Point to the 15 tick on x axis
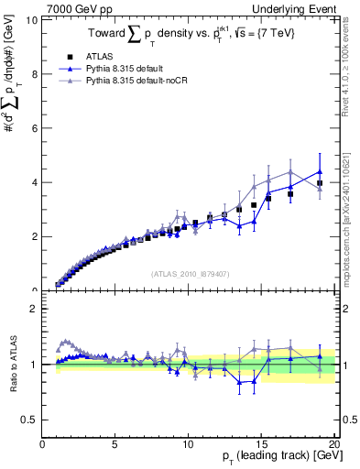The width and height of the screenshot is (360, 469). click(x=261, y=444)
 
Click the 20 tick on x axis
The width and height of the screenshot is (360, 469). click(x=334, y=444)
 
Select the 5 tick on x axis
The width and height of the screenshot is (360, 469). click(x=115, y=444)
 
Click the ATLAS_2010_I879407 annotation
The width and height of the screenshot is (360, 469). click(x=189, y=272)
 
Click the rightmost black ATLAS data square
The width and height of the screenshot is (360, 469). click(x=320, y=183)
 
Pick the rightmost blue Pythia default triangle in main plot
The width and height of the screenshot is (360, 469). click(x=320, y=171)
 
